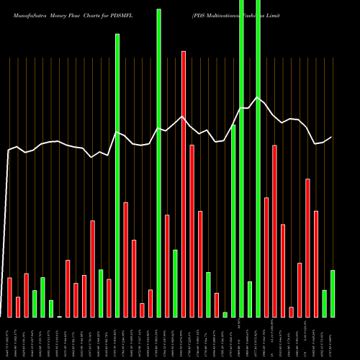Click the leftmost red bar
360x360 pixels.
[9, 297]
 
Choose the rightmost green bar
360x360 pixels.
[333, 294]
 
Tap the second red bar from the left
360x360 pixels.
[18, 307]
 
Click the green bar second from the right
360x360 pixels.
[325, 304]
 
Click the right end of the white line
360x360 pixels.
[332, 137]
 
